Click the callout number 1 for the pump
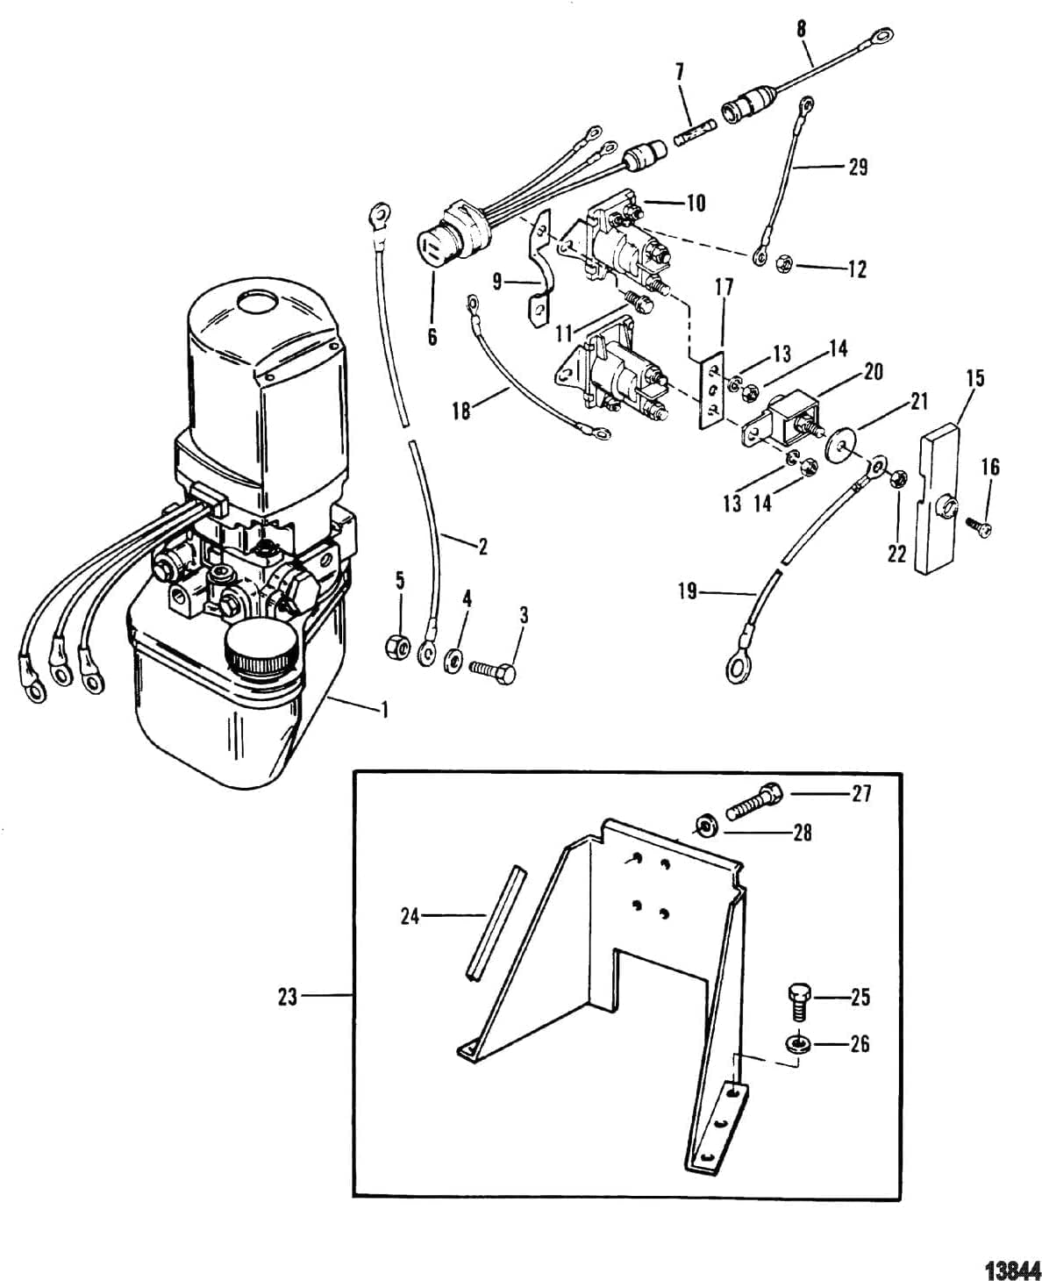point(383,711)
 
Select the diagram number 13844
point(1012,1265)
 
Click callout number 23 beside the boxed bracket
point(288,997)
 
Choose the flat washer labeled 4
point(452,660)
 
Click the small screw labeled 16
point(978,526)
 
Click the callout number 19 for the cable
point(688,590)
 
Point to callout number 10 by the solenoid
point(696,204)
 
